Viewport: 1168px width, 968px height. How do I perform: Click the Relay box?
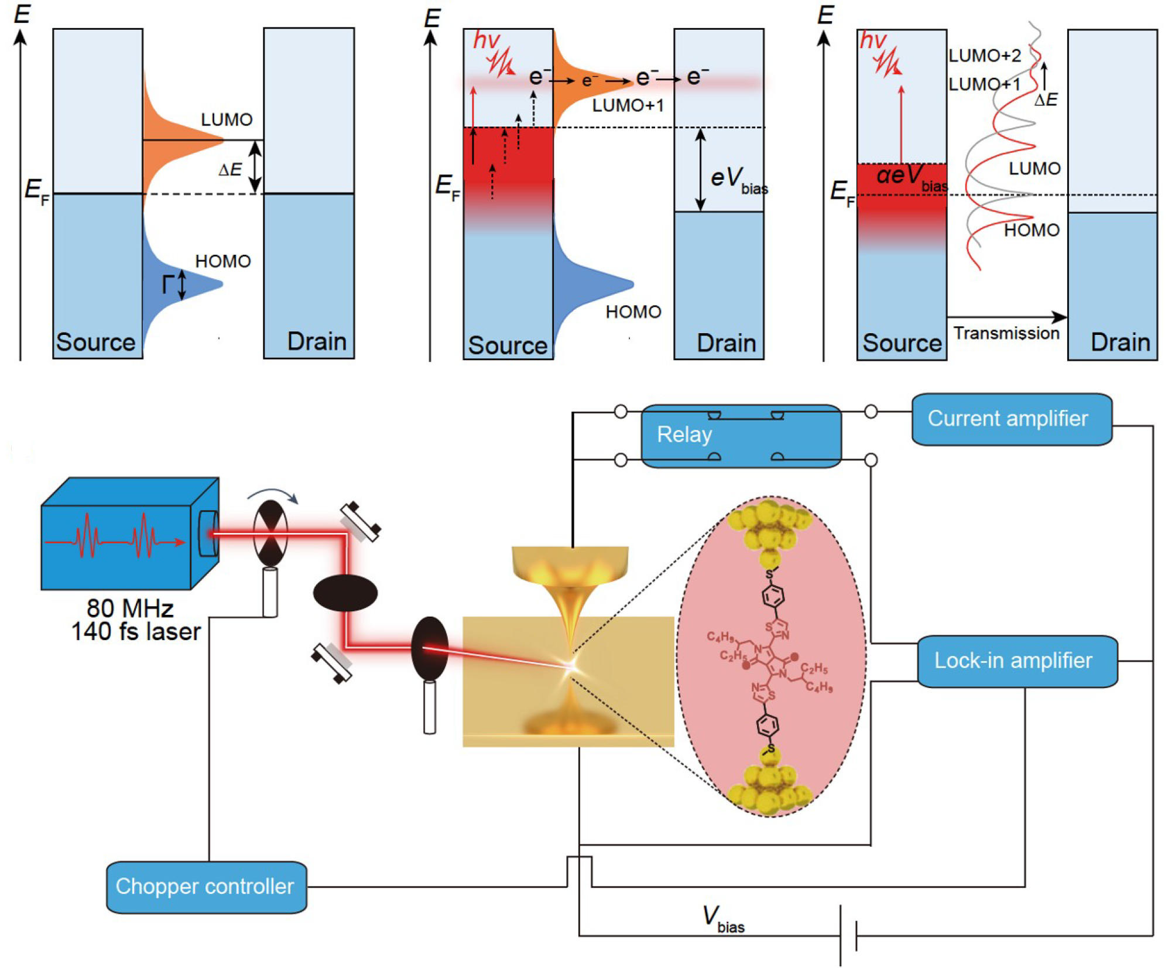pyautogui.click(x=741, y=436)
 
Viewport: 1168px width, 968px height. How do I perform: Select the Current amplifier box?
pyautogui.click(x=1011, y=419)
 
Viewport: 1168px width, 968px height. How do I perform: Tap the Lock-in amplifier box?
pyautogui.click(x=1016, y=661)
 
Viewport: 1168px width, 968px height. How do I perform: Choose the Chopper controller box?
pyautogui.click(x=206, y=886)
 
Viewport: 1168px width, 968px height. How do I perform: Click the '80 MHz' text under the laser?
pyautogui.click(x=130, y=608)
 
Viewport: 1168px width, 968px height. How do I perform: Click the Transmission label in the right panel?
pyautogui.click(x=1006, y=333)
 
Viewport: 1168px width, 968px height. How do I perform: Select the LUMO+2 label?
pyautogui.click(x=984, y=56)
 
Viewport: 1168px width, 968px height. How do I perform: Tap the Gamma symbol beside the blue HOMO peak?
pyautogui.click(x=168, y=285)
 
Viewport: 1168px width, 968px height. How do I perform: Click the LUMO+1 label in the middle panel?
pyautogui.click(x=628, y=105)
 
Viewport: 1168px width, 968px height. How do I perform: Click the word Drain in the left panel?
pyautogui.click(x=316, y=341)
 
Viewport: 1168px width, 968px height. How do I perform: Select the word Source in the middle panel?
pyautogui.click(x=507, y=345)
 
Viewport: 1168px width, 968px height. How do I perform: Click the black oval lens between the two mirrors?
pyautogui.click(x=345, y=593)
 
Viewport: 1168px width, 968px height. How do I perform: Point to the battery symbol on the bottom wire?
pyautogui.click(x=848, y=935)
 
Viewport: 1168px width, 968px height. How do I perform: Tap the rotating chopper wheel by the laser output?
pyautogui.click(x=270, y=533)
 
